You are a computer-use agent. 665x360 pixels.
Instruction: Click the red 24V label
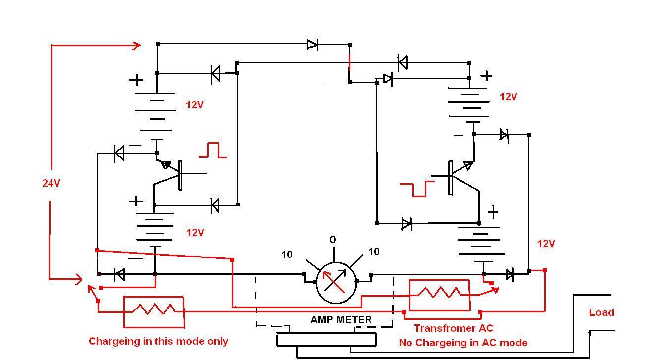coord(51,183)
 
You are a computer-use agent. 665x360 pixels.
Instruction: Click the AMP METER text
coord(341,319)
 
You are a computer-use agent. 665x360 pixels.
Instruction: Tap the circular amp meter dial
coord(336,283)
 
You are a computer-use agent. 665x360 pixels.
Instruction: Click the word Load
coord(601,312)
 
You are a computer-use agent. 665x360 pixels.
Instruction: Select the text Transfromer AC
coord(454,328)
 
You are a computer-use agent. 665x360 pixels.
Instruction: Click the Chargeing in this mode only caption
coord(158,341)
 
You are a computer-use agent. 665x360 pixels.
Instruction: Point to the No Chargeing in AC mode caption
coord(463,343)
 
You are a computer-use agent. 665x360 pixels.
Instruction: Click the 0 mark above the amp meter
coord(333,240)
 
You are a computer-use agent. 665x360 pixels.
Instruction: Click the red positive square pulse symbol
coord(212,150)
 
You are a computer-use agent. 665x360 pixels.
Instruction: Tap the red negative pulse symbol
coord(417,189)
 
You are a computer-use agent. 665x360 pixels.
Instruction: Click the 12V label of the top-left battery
coord(195,105)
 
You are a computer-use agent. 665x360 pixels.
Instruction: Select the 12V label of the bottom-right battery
coord(546,244)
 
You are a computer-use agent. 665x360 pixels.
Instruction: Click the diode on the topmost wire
coord(312,44)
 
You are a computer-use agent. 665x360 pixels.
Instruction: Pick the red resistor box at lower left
coord(154,312)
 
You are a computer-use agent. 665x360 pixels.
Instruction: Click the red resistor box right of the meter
coord(440,295)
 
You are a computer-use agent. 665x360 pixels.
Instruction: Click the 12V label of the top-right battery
coord(508,97)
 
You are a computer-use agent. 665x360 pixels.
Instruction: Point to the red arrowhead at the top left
coord(137,46)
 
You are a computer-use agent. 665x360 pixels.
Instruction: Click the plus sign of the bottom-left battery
coord(136,201)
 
